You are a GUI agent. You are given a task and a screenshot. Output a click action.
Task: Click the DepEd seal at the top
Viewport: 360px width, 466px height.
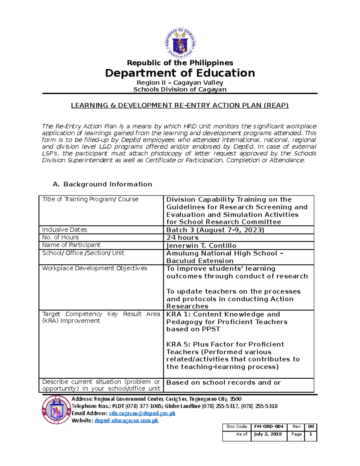click(x=180, y=43)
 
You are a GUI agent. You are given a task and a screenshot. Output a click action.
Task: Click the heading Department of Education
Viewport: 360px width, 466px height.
click(x=180, y=73)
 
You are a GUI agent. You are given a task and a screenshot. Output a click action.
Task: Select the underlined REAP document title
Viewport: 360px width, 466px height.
click(x=180, y=105)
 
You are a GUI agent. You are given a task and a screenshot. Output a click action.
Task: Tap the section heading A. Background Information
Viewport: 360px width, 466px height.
click(x=102, y=184)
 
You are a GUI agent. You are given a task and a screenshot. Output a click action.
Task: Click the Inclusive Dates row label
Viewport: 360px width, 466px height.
click(x=64, y=230)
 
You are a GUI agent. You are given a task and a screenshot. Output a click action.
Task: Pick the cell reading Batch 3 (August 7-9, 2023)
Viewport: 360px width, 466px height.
click(x=215, y=230)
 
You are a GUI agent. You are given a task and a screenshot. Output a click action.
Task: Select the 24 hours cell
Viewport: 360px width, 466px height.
click(x=182, y=238)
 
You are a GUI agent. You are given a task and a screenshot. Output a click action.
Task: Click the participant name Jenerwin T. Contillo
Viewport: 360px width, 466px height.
click(x=201, y=245)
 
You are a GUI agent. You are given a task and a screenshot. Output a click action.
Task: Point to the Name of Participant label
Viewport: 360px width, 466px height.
click(x=71, y=245)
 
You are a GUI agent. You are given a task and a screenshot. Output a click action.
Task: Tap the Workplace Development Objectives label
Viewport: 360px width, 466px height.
click(x=94, y=268)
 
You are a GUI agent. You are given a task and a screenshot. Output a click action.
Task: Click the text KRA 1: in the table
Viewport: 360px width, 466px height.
click(x=178, y=314)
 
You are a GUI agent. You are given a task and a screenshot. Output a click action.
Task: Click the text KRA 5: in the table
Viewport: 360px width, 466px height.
click(x=178, y=344)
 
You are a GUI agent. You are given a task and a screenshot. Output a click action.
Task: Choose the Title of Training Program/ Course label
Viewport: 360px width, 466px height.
click(x=90, y=199)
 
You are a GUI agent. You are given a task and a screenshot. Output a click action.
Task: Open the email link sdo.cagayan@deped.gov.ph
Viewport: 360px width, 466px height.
click(x=142, y=413)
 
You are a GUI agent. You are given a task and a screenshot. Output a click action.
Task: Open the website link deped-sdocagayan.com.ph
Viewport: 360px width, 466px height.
click(x=126, y=420)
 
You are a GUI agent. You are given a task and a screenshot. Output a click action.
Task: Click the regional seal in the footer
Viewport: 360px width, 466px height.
click(x=56, y=410)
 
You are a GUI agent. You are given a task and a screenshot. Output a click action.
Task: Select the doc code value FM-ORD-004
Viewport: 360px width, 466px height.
click(x=268, y=426)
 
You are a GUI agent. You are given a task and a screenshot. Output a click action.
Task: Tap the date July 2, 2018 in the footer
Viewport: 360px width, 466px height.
click(x=268, y=434)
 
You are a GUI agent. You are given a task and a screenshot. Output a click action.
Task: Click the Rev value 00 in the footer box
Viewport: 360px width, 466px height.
click(x=311, y=426)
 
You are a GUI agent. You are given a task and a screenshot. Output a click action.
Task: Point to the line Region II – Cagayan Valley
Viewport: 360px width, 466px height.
click(x=180, y=83)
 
